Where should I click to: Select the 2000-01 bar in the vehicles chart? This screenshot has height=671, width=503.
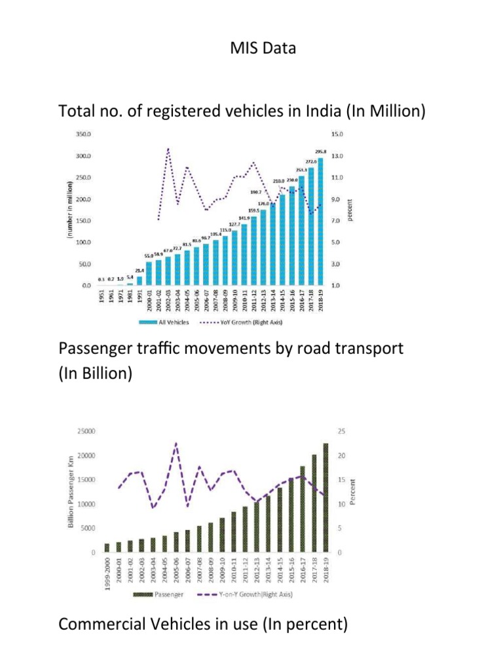(149, 274)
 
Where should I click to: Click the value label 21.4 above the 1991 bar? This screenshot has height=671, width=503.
(140, 270)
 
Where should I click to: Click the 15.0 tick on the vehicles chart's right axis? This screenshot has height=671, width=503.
(345, 134)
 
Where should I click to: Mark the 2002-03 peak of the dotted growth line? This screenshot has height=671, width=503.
(168, 149)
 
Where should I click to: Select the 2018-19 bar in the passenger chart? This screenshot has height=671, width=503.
(325, 498)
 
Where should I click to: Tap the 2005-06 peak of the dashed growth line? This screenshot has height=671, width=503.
(176, 444)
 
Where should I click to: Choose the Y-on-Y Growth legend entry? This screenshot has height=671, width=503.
(252, 595)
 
